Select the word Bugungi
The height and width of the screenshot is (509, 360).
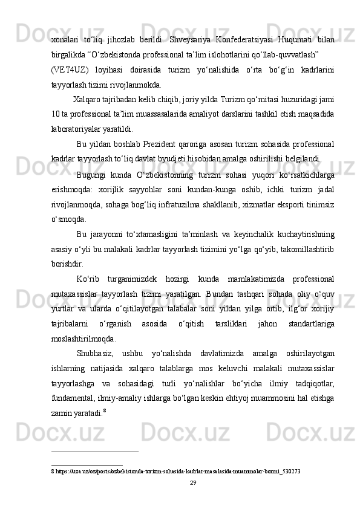(93, 175)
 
